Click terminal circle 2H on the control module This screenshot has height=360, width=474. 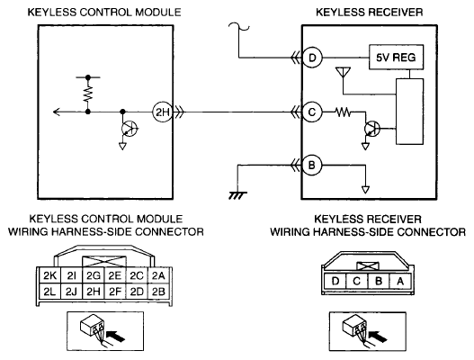pyautogui.click(x=162, y=112)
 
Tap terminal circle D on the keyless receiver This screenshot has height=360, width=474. pyautogui.click(x=312, y=58)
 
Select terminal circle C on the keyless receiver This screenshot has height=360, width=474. pyautogui.click(x=312, y=112)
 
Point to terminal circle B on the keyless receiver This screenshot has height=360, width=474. pyautogui.click(x=312, y=166)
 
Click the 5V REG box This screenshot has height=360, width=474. pyautogui.click(x=396, y=58)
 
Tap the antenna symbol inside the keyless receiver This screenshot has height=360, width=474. pyautogui.click(x=343, y=73)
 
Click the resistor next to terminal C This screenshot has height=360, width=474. pyautogui.click(x=343, y=112)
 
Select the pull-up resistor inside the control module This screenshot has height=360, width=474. pyautogui.click(x=88, y=94)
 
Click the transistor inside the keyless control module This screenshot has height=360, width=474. pyautogui.click(x=130, y=129)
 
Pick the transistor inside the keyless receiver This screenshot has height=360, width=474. pyautogui.click(x=372, y=129)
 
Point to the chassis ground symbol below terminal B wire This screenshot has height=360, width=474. pyautogui.click(x=237, y=195)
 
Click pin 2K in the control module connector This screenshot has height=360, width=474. pyautogui.click(x=49, y=275)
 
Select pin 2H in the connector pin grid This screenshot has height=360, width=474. pyautogui.click(x=94, y=292)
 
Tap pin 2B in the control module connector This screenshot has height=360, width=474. pyautogui.click(x=158, y=292)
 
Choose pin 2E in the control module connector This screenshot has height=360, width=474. pyautogui.click(x=115, y=275)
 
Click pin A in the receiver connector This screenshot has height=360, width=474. pyautogui.click(x=400, y=282)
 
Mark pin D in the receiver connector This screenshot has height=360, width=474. pyautogui.click(x=335, y=282)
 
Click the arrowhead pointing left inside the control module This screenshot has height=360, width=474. pyautogui.click(x=57, y=112)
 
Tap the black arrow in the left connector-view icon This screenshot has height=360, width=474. pyautogui.click(x=116, y=336)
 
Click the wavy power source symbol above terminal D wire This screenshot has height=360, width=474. pyautogui.click(x=239, y=27)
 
